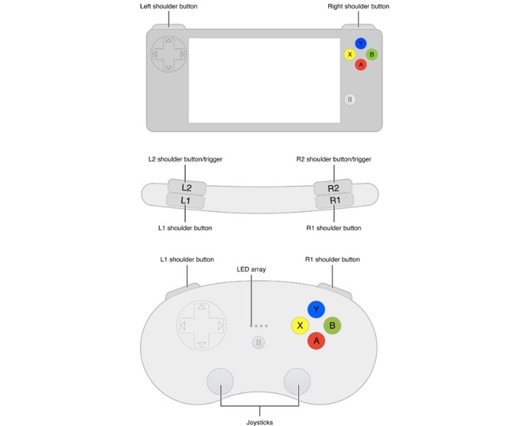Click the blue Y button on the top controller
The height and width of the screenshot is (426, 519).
click(x=361, y=43)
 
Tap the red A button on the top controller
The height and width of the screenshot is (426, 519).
click(x=361, y=65)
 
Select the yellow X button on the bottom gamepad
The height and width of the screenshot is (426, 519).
click(x=300, y=325)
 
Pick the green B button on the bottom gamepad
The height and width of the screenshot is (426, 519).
click(x=332, y=325)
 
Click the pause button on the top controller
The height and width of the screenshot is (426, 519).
click(x=350, y=99)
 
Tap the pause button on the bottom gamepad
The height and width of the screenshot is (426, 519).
click(x=259, y=342)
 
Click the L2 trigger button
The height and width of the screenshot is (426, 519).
click(x=187, y=187)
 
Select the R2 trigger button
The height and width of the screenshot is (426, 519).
click(x=333, y=187)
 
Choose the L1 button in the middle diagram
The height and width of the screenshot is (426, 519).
click(x=185, y=200)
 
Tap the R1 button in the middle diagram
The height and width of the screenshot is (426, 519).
click(x=334, y=200)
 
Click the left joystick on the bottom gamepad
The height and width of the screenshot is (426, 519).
click(x=220, y=381)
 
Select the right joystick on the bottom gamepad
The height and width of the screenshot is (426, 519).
click(x=297, y=381)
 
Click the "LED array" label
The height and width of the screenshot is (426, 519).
click(x=251, y=269)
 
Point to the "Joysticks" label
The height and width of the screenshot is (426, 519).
click(x=259, y=422)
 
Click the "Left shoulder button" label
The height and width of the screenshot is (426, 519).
click(x=169, y=6)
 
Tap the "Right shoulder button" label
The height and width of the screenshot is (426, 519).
click(x=359, y=6)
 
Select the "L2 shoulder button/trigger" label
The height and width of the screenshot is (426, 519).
click(x=185, y=159)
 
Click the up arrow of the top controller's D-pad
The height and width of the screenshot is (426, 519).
click(x=169, y=40)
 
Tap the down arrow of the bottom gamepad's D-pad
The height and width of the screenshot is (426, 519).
click(x=201, y=344)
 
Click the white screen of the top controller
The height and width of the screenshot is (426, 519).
click(x=264, y=81)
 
